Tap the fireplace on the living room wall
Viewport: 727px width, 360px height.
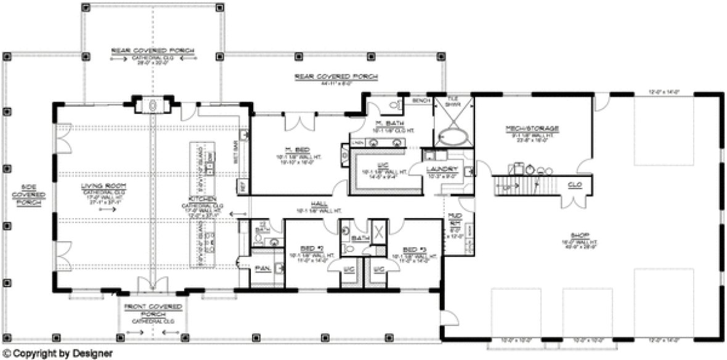point(150,105)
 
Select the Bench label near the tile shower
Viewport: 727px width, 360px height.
point(421,100)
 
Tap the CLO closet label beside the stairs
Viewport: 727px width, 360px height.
point(575,184)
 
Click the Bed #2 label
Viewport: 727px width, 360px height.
point(308,248)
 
